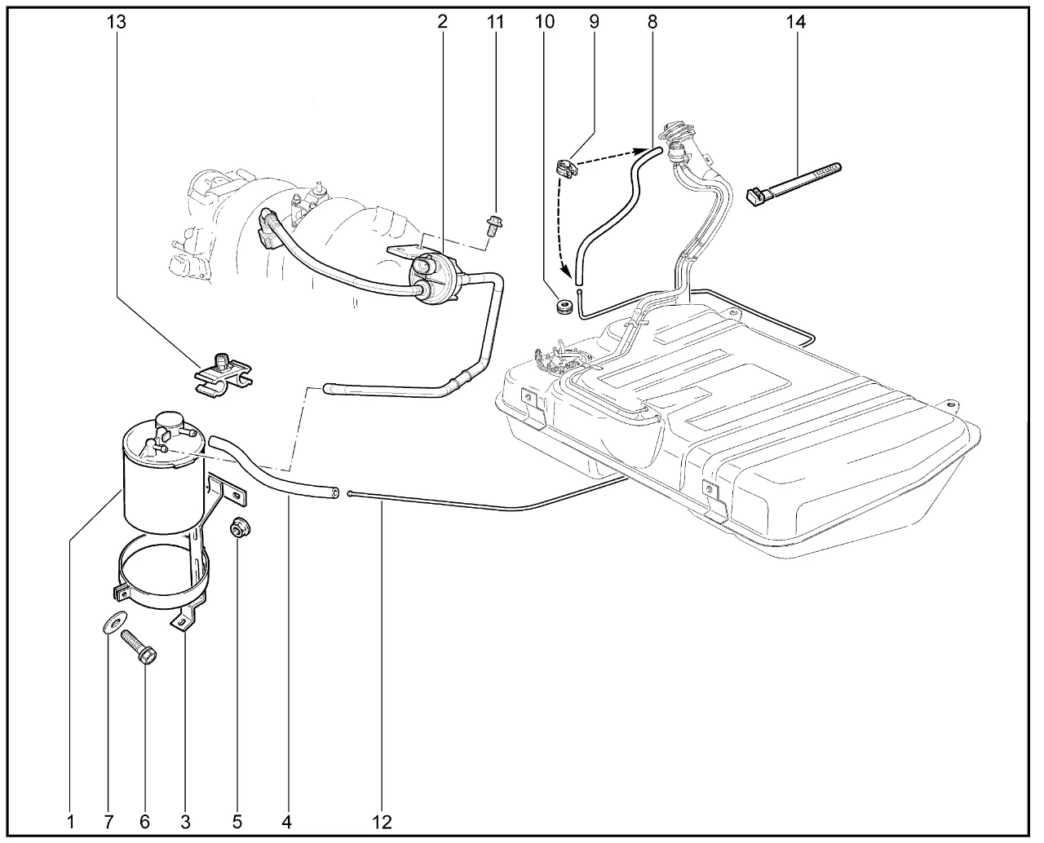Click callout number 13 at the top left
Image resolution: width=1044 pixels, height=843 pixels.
point(117,22)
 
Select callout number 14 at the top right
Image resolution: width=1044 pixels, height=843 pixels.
point(795,22)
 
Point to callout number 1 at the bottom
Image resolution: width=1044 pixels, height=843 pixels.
point(71,820)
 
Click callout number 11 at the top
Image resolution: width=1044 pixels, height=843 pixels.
point(495,22)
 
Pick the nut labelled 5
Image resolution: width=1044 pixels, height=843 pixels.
point(238,529)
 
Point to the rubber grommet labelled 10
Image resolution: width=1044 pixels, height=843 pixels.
point(561,308)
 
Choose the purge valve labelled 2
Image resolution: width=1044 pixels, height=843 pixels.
point(437,276)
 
